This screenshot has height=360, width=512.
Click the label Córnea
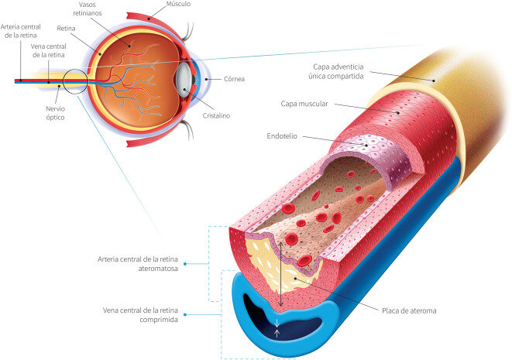tap(234, 79)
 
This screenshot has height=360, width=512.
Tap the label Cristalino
tap(216, 115)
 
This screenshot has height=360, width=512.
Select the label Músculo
tap(178, 4)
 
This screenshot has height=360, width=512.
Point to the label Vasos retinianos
tap(88, 9)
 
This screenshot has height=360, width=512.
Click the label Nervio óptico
tap(55, 113)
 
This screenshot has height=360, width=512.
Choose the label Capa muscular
tap(304, 104)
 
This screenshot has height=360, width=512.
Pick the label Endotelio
tap(282, 136)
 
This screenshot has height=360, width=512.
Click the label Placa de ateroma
tap(409, 310)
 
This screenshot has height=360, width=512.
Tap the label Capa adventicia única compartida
tap(336, 71)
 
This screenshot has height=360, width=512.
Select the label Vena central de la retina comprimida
tap(140, 315)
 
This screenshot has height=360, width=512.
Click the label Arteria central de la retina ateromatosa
tap(138, 264)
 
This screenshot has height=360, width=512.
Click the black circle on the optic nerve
tap(75, 81)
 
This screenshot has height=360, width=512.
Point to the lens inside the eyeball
tap(184, 81)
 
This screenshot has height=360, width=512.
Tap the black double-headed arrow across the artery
tap(280, 274)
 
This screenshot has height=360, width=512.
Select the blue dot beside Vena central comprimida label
tap(185, 314)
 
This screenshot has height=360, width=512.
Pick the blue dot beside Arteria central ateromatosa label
tap(185, 264)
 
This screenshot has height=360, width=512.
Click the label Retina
tap(66, 29)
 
